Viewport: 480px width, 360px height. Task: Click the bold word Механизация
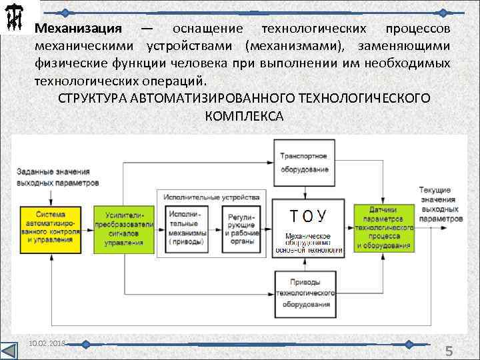[78, 30]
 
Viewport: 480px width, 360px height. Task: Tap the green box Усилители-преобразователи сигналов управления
[123, 227]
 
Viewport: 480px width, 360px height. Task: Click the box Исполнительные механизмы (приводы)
[188, 228]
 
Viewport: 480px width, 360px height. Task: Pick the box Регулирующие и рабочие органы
[244, 228]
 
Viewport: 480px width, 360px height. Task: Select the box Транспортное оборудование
[304, 162]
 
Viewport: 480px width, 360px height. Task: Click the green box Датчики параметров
[383, 227]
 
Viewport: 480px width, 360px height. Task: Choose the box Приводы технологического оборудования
[304, 293]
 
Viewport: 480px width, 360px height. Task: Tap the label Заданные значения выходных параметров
[58, 177]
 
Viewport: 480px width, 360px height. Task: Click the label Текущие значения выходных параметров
[441, 204]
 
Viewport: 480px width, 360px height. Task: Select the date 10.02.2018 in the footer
[47, 342]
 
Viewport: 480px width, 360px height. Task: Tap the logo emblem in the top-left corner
[14, 19]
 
